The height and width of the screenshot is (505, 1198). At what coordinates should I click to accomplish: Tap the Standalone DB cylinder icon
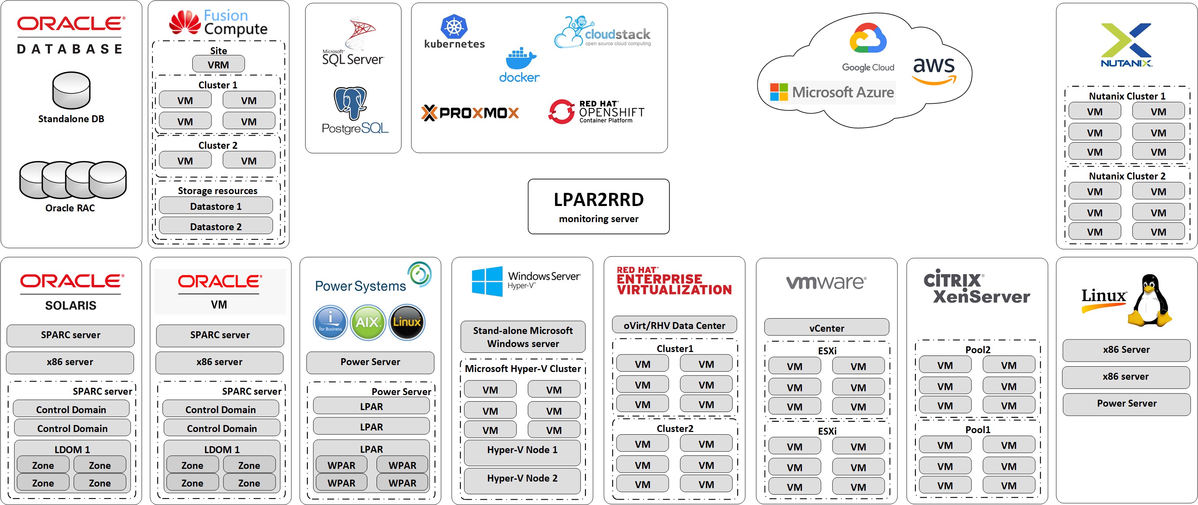(x=71, y=90)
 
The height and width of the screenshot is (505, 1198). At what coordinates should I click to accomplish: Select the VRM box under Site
(x=218, y=65)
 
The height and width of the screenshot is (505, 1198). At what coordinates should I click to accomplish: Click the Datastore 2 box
(x=216, y=227)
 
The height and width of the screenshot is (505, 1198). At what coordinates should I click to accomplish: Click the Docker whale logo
(x=521, y=59)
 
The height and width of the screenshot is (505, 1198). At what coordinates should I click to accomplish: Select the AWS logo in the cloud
(x=934, y=70)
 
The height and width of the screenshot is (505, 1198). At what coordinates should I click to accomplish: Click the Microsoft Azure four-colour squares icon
(x=778, y=92)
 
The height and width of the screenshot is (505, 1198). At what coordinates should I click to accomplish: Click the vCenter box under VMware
(x=826, y=328)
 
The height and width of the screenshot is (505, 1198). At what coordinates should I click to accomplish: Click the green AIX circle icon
(x=367, y=322)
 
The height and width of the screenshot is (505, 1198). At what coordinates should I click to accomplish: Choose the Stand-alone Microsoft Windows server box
(x=523, y=337)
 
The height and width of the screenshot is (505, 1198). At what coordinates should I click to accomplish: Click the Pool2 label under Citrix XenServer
(x=978, y=350)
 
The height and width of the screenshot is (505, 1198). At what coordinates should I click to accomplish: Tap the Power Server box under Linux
(x=1126, y=404)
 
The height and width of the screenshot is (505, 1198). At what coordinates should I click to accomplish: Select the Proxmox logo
(x=470, y=113)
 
